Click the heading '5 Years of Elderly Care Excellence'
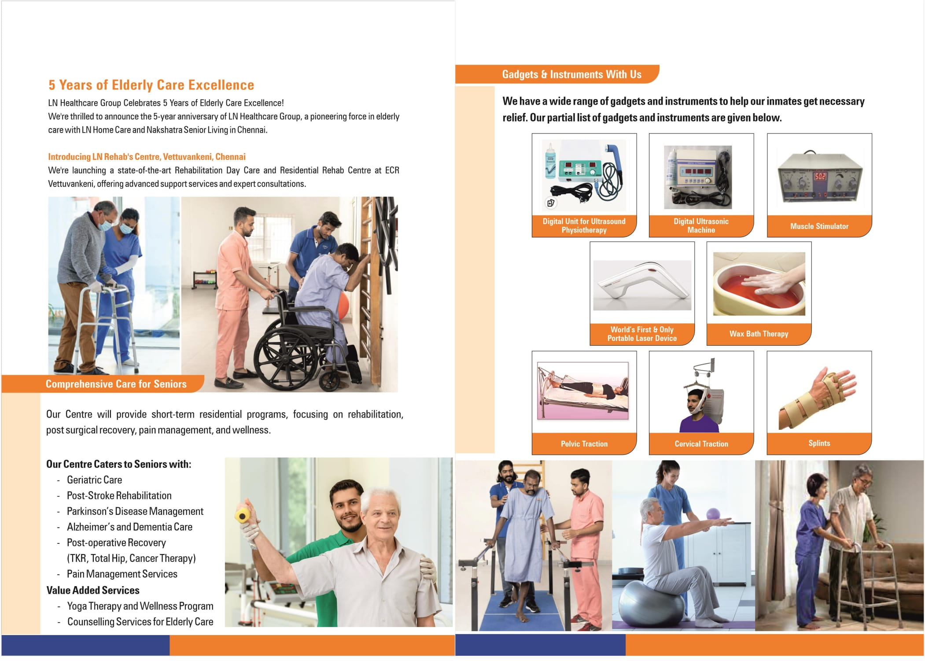click(x=151, y=85)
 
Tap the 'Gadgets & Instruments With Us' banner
click(x=571, y=74)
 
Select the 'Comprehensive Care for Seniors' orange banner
click(x=116, y=384)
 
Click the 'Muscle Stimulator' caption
click(x=819, y=226)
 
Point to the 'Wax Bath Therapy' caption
click(x=759, y=334)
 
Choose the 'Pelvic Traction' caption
click(x=584, y=444)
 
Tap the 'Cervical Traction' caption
click(x=701, y=444)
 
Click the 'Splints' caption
click(x=819, y=443)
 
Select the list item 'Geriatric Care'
click(x=94, y=480)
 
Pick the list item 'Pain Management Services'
click(x=122, y=574)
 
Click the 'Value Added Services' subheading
click(x=93, y=590)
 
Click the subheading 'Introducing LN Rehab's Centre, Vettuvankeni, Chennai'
click(x=147, y=157)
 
